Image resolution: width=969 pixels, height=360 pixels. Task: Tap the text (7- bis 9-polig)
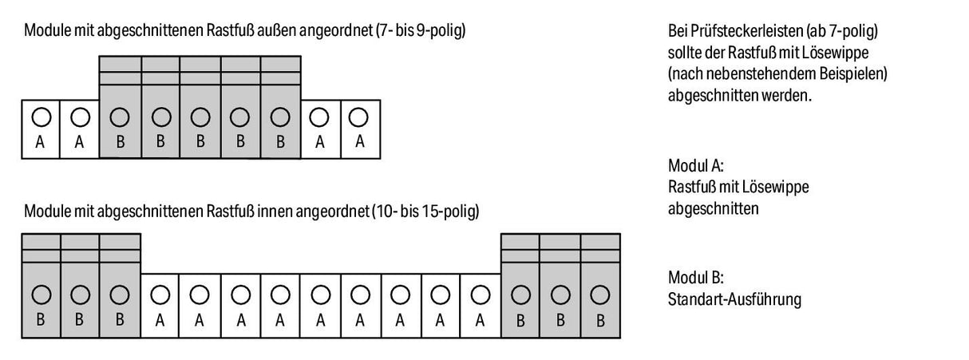point(421,30)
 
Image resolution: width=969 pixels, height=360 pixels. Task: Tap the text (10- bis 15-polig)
point(425,212)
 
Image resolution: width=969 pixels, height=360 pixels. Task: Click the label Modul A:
point(695,166)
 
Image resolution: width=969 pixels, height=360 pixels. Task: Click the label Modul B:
point(695,277)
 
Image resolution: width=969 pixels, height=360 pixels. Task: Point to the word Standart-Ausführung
point(734,299)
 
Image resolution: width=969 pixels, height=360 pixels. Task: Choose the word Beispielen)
point(853,74)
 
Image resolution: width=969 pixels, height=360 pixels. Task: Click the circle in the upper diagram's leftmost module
point(42,117)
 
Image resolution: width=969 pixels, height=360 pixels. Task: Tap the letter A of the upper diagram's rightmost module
point(360,141)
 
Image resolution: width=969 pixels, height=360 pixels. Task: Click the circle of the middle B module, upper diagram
point(200,117)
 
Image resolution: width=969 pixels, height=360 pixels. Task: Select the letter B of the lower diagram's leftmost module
point(40,320)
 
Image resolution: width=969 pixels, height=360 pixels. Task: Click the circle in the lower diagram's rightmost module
point(600,295)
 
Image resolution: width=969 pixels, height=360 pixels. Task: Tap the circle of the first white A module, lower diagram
point(160,295)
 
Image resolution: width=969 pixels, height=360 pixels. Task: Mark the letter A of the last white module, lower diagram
point(480,321)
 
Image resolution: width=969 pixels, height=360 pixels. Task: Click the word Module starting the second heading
point(48,212)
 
